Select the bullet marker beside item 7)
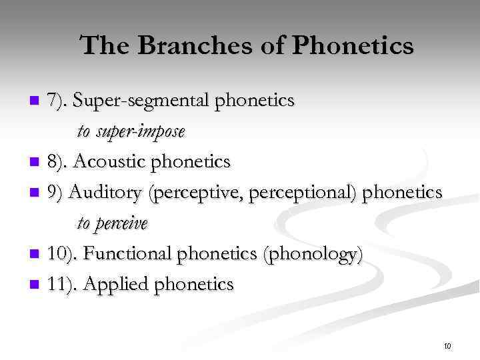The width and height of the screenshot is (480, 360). pyautogui.click(x=36, y=101)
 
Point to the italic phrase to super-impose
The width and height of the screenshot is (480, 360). pyautogui.click(x=131, y=131)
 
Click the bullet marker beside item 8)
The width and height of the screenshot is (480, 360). pyautogui.click(x=36, y=162)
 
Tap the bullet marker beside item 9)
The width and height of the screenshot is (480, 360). pyautogui.click(x=36, y=193)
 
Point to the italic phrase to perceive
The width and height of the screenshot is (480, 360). pyautogui.click(x=112, y=223)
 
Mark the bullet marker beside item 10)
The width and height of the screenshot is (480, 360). pyautogui.click(x=36, y=255)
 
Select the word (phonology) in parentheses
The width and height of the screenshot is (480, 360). pyautogui.click(x=313, y=255)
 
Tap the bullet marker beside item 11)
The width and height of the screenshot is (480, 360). pyautogui.click(x=36, y=285)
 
